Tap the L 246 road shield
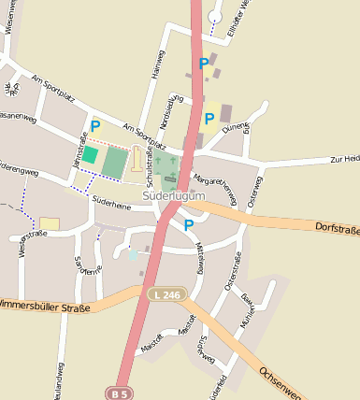pyautogui.click(x=168, y=295)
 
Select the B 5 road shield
pyautogui.click(x=119, y=393)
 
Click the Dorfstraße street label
pyautogui.click(x=337, y=227)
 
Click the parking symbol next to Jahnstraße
pyautogui.click(x=94, y=124)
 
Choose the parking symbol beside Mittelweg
pyautogui.click(x=189, y=224)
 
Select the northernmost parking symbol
pyautogui.click(x=204, y=64)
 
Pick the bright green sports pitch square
pyautogui.click(x=90, y=155)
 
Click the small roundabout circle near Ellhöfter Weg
pyautogui.click(x=215, y=16)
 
